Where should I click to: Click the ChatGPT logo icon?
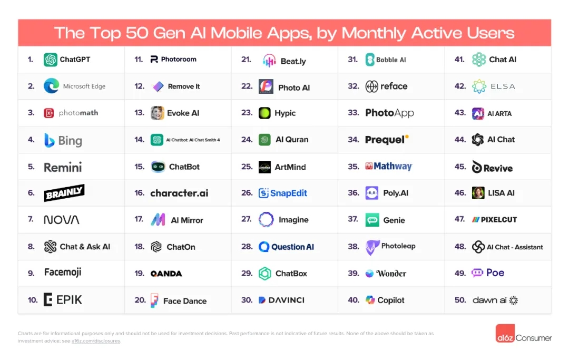(x=51, y=60)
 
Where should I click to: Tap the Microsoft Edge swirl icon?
(x=51, y=86)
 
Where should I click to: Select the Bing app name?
(x=70, y=141)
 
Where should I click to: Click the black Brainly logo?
(x=64, y=193)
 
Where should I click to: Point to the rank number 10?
(x=33, y=300)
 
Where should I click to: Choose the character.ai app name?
(x=179, y=193)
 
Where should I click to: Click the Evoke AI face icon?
(x=157, y=113)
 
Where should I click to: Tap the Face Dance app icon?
(x=154, y=300)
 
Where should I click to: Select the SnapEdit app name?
(x=289, y=193)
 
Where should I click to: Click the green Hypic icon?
(x=264, y=113)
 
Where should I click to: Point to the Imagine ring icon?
(x=266, y=220)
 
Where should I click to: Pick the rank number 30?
(x=247, y=300)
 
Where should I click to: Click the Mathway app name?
(x=393, y=167)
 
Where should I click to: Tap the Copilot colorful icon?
(x=370, y=300)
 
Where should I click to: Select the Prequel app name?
(x=385, y=140)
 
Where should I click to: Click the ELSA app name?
(x=502, y=86)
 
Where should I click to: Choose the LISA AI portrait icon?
(x=478, y=193)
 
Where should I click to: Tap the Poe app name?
(x=495, y=273)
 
